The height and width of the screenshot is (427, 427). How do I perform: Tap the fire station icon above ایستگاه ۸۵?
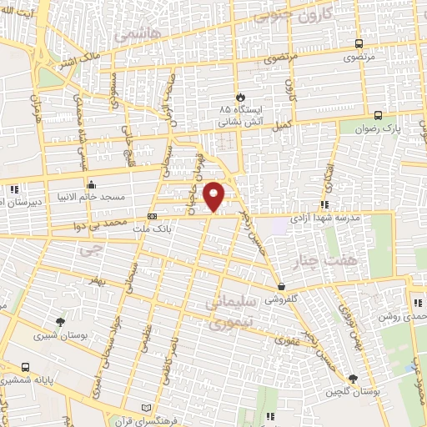coord(240,98)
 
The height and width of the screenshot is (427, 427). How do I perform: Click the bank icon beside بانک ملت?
coord(151,217)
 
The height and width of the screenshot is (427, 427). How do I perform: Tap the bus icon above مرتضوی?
coord(359,44)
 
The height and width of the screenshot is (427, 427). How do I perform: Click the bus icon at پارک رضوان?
coord(378,116)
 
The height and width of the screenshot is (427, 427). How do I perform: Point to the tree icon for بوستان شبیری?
coord(59,322)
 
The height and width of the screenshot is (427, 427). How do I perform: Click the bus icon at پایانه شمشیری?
coord(26,367)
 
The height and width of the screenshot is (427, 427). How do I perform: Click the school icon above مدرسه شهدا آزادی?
coord(324,204)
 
